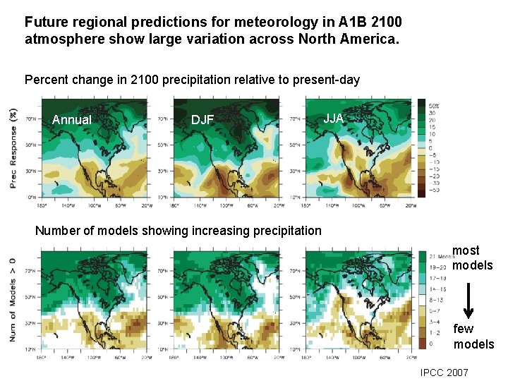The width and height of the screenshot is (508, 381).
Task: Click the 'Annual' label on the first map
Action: (x=72, y=120)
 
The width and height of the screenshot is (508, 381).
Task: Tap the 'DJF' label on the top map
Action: (x=202, y=120)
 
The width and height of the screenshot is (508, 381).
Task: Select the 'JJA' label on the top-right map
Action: (x=334, y=118)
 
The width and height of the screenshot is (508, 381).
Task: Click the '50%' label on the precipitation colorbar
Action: (x=433, y=104)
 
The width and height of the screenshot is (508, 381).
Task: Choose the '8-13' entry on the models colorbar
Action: (x=436, y=299)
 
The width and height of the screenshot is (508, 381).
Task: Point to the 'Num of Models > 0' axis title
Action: (x=13, y=299)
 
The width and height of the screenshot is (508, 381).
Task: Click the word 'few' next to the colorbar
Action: (x=464, y=329)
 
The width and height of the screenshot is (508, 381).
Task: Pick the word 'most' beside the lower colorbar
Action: (x=466, y=250)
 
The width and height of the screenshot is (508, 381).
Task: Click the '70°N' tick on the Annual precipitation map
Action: (x=31, y=119)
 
